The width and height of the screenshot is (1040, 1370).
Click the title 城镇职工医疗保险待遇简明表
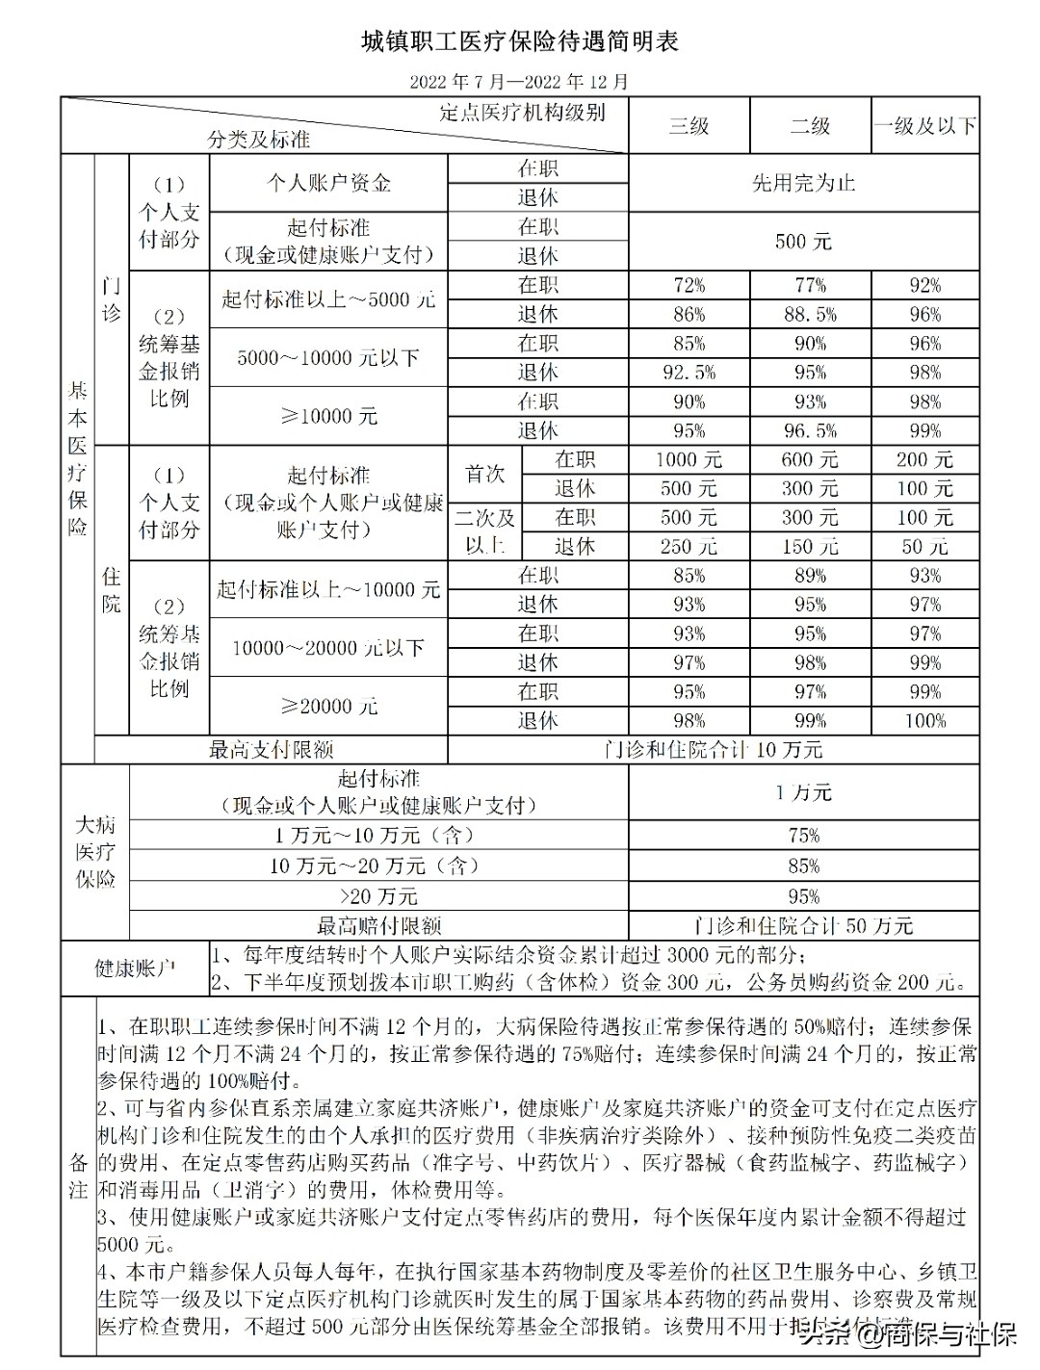(519, 41)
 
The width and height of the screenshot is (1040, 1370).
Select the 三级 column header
(689, 125)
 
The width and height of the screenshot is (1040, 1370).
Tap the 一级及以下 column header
(924, 125)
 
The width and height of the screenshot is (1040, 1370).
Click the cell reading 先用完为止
(803, 183)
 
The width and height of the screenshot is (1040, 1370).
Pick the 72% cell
(689, 285)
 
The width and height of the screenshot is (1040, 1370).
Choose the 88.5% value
(810, 314)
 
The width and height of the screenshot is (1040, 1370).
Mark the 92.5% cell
(689, 373)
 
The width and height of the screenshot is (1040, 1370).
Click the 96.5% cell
(810, 430)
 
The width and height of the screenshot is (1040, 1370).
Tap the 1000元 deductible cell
(689, 460)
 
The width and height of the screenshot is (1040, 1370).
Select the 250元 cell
(689, 547)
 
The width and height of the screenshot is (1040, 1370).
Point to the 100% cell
(924, 720)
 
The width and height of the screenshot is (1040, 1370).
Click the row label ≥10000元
(328, 416)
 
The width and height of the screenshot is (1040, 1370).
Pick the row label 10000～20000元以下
(328, 648)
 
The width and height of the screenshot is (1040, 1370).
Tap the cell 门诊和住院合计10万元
(714, 749)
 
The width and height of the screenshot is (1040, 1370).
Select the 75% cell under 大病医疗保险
(803, 836)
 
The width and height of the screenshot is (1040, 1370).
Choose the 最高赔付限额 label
(378, 926)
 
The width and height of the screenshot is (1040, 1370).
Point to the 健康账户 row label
(135, 968)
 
